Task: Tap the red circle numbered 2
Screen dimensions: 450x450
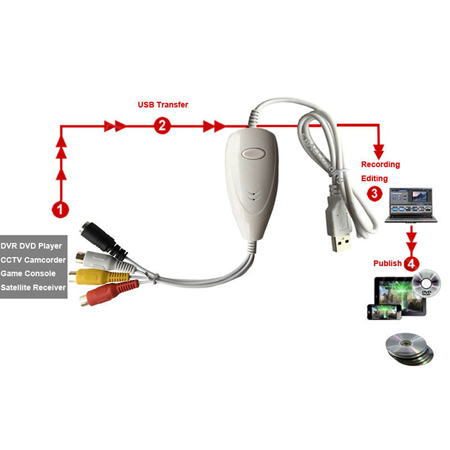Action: click(x=161, y=126)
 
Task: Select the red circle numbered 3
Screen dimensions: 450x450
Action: click(x=373, y=193)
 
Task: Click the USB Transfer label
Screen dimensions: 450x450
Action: click(x=163, y=105)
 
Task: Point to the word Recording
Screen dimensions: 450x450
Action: click(x=380, y=165)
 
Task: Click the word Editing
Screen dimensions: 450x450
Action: click(x=374, y=178)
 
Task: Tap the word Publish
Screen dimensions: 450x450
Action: click(x=388, y=263)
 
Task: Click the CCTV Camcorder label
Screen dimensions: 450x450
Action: click(x=33, y=260)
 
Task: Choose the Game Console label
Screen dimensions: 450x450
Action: click(x=28, y=273)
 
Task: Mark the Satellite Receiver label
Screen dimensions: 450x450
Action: click(x=33, y=287)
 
